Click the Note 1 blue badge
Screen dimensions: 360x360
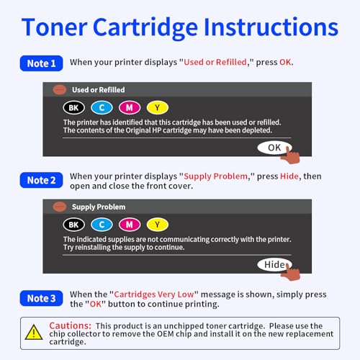(x=41, y=63)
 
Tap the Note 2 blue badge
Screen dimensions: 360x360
(x=41, y=180)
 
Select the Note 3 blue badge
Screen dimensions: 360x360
(x=41, y=298)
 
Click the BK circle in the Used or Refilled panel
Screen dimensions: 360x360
(x=74, y=107)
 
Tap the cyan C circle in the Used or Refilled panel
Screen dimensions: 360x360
(x=102, y=107)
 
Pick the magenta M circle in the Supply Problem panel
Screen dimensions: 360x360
(x=130, y=225)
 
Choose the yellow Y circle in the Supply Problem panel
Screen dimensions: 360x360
(x=158, y=225)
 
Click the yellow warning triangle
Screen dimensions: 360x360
(x=34, y=333)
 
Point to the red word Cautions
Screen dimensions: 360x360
(x=70, y=325)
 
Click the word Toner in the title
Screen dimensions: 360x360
(x=54, y=27)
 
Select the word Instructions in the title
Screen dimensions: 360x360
(x=271, y=27)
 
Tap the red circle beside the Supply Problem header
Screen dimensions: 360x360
(x=60, y=207)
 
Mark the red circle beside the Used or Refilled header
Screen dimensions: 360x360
(x=60, y=90)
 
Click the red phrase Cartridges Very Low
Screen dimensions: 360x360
(x=154, y=294)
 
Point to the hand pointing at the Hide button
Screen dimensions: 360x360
(x=291, y=271)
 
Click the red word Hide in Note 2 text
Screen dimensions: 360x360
(x=289, y=176)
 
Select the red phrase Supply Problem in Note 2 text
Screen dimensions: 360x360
(x=215, y=176)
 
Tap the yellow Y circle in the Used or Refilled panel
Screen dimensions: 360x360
(x=158, y=107)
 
